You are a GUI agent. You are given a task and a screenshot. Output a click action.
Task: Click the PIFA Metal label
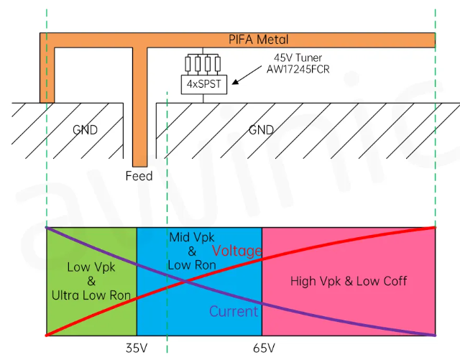[x=258, y=40]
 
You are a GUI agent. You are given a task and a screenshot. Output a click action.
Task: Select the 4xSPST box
[x=203, y=84]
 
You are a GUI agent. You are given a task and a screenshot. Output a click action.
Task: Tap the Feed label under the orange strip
[x=139, y=175]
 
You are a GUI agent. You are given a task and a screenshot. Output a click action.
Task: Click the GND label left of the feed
[x=84, y=130]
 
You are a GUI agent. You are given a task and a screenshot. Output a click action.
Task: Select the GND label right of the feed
[x=262, y=130]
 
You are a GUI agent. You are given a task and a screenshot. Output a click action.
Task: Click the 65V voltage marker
[x=264, y=348]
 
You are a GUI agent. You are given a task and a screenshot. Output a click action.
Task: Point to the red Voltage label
[x=236, y=251]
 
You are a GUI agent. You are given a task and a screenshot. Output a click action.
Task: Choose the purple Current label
[x=233, y=312]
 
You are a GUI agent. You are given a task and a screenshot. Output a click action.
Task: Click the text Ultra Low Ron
[x=91, y=295]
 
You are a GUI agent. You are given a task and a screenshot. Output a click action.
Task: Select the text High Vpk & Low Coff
[x=349, y=281]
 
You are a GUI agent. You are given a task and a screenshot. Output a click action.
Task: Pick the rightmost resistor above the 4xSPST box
[x=216, y=65]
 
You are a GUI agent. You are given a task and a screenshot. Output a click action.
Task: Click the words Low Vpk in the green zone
[x=91, y=267]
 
